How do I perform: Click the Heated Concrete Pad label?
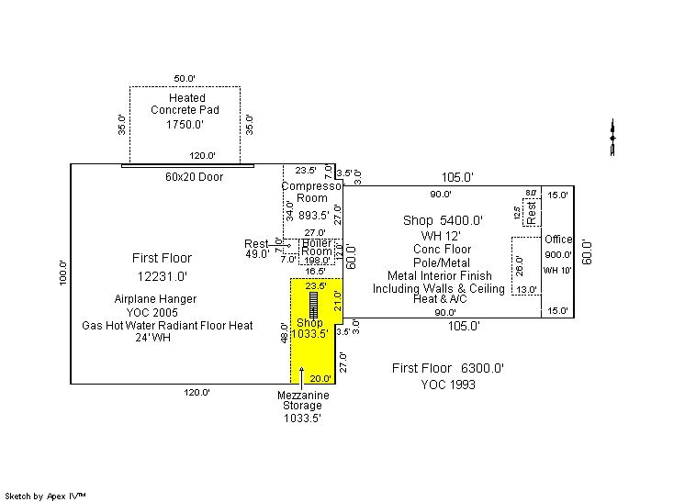(186, 104)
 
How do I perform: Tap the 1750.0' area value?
(185, 125)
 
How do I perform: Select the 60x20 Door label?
(194, 176)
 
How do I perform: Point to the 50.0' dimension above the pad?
(185, 77)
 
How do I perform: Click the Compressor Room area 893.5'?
(313, 216)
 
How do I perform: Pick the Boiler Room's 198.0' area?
(317, 261)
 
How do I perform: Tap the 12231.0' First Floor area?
(163, 275)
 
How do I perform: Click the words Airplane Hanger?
(156, 299)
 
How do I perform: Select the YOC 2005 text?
(156, 312)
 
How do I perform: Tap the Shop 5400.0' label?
(443, 221)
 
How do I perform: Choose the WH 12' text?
(442, 236)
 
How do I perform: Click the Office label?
(558, 240)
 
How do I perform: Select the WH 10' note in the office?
(557, 270)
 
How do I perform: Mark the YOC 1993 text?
(448, 385)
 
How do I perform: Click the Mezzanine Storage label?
(303, 400)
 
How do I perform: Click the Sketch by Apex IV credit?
(46, 496)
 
